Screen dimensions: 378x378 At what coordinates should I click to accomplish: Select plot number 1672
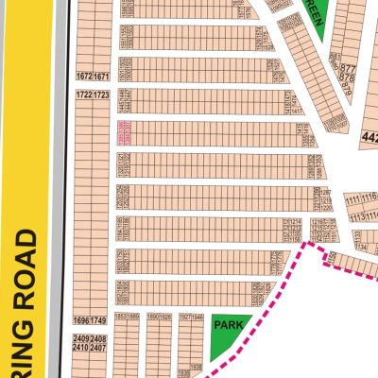click(84, 76)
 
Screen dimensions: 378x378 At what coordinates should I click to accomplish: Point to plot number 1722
click(84, 95)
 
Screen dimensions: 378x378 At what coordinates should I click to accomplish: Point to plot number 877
click(348, 69)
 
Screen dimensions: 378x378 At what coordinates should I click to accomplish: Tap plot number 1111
click(354, 200)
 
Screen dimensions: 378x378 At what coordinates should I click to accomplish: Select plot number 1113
click(358, 216)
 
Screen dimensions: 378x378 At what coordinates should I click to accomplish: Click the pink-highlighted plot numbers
click(123, 132)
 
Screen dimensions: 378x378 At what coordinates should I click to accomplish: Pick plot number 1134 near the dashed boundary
click(360, 248)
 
